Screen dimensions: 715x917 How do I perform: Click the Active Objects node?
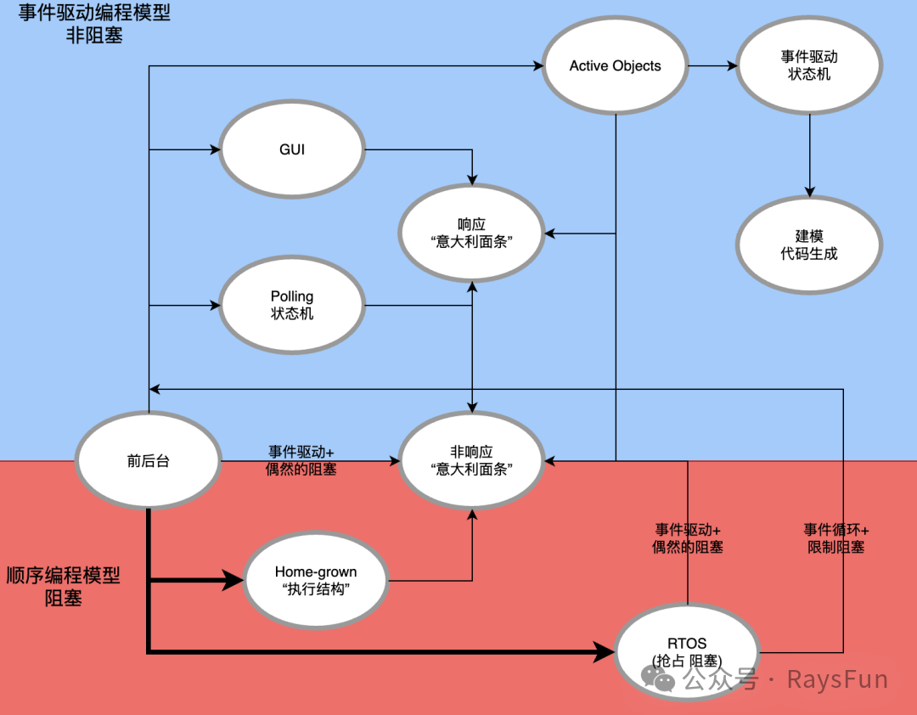coord(615,66)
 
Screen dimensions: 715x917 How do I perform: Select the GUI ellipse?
coord(292,149)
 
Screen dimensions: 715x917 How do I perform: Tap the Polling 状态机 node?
coord(292,305)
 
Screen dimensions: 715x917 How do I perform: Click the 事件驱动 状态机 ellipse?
coord(808,65)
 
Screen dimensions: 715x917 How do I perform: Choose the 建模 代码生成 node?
coord(808,245)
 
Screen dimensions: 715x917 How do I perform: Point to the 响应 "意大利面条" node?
coord(471,233)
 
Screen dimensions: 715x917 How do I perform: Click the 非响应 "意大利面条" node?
coord(471,461)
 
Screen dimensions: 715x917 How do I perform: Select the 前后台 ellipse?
coord(148,461)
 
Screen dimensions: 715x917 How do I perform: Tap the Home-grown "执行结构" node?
coord(315,581)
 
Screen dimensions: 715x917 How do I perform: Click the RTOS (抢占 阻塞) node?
coord(686,651)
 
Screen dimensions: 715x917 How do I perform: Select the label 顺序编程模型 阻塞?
coord(63,586)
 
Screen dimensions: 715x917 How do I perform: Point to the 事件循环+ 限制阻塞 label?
coord(835,538)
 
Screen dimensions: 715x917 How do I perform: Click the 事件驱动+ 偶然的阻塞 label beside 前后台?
coord(301,459)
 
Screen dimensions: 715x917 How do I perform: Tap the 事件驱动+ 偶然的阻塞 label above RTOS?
coord(687,538)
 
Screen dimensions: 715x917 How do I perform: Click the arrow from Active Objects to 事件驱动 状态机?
coord(712,65)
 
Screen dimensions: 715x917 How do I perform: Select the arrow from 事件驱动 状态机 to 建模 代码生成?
coord(809,153)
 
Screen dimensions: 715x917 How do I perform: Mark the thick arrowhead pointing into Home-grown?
coord(233,582)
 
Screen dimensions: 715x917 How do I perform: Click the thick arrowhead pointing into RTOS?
coord(604,652)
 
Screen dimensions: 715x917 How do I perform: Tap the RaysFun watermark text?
coord(836,679)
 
